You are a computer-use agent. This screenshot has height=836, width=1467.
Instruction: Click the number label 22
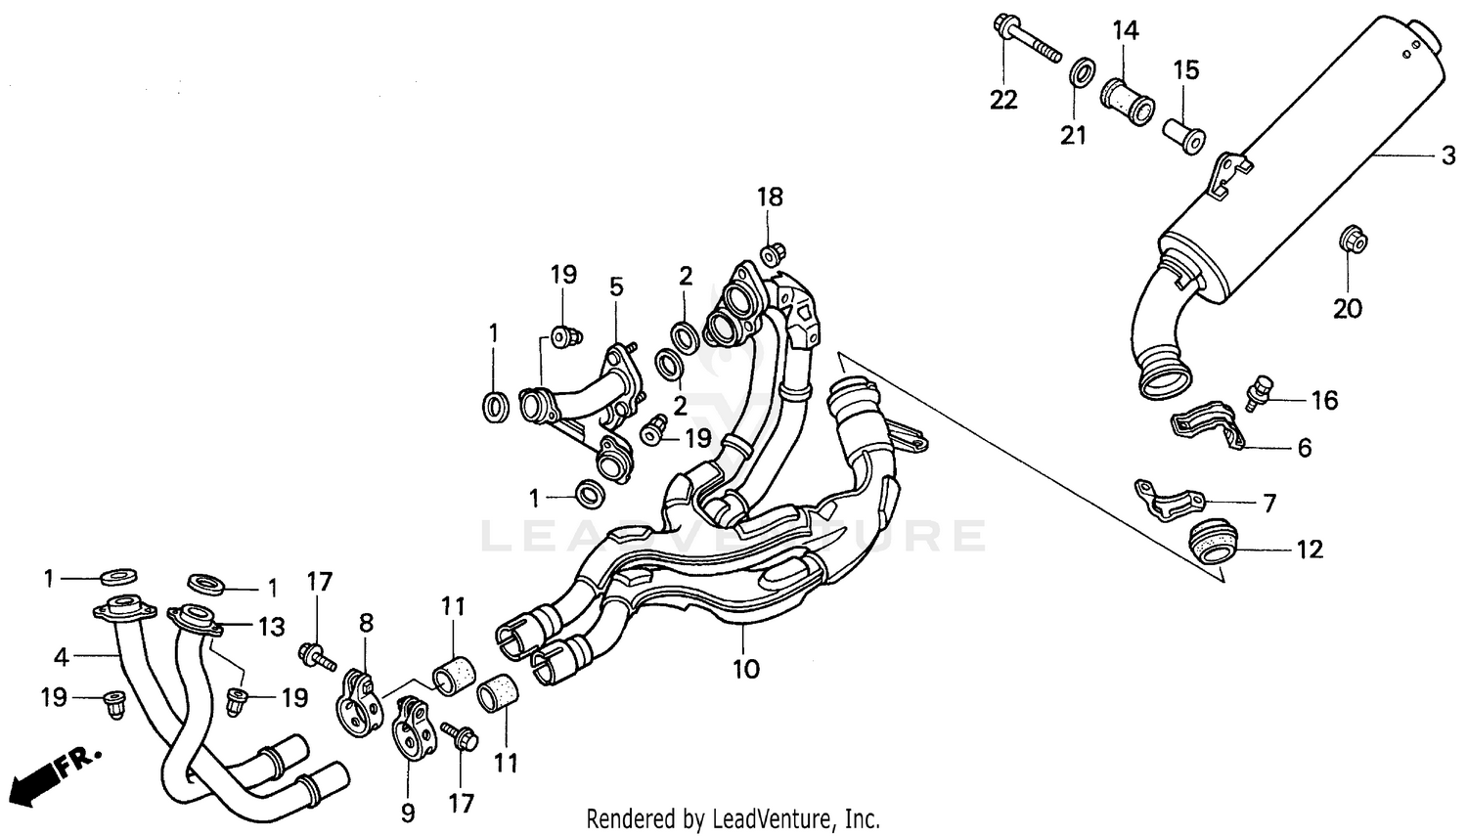1003,100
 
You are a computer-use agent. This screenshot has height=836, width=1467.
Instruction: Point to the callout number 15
1185,70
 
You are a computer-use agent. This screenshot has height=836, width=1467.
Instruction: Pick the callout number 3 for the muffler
1447,156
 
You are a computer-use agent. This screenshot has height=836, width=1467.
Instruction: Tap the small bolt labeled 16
1262,389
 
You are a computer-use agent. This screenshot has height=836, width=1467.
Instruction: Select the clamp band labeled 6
1207,421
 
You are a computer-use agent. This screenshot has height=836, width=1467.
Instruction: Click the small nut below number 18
771,254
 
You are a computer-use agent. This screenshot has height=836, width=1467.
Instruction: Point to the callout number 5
615,286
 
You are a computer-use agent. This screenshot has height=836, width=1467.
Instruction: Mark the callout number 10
745,670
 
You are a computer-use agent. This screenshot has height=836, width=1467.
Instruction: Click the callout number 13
271,626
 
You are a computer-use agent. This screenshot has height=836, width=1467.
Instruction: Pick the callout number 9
408,812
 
